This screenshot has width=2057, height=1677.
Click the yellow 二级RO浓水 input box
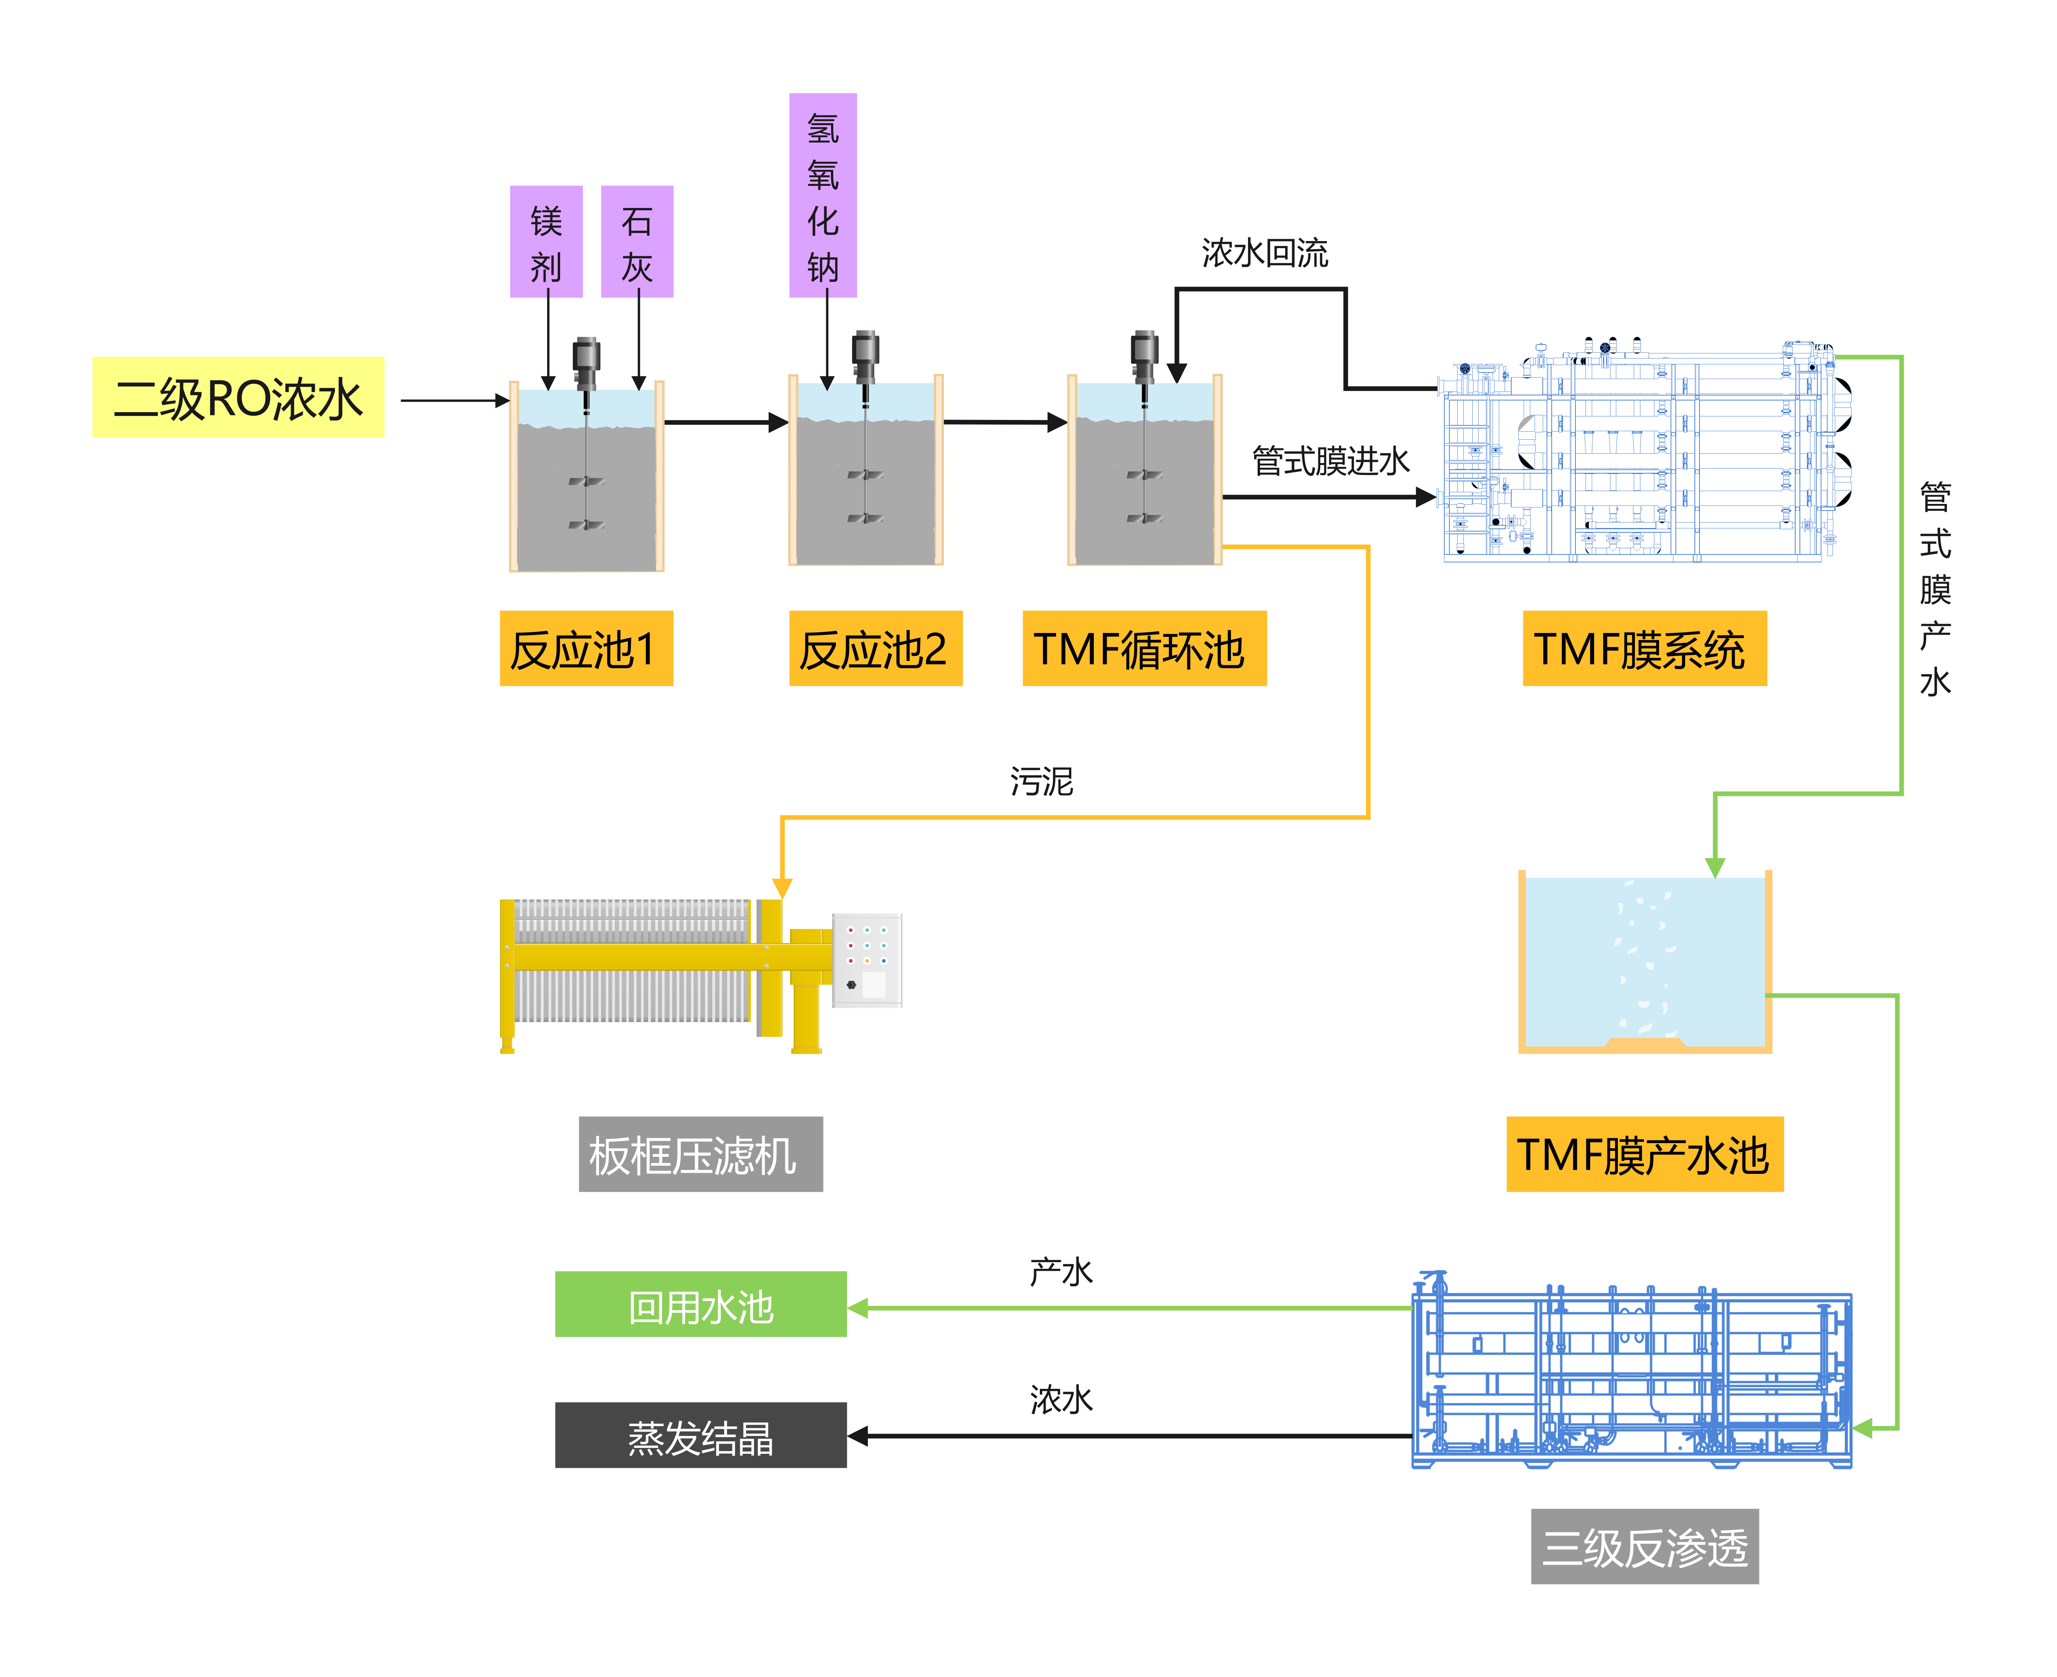click(238, 397)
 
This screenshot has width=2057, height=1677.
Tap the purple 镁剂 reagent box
click(546, 241)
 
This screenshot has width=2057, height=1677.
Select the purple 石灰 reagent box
click(637, 241)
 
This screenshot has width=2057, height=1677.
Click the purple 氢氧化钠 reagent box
click(822, 195)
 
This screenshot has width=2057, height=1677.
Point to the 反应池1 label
click(585, 648)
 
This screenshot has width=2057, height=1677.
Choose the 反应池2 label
click(874, 648)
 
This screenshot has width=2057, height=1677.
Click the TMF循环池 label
click(1144, 648)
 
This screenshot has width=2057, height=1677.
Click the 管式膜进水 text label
click(1330, 460)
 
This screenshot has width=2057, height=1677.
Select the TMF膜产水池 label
click(1644, 1154)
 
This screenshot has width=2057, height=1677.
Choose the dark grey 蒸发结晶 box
click(701, 1436)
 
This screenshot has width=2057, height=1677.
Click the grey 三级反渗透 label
click(1644, 1547)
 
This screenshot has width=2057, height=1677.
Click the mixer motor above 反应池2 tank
click(865, 355)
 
